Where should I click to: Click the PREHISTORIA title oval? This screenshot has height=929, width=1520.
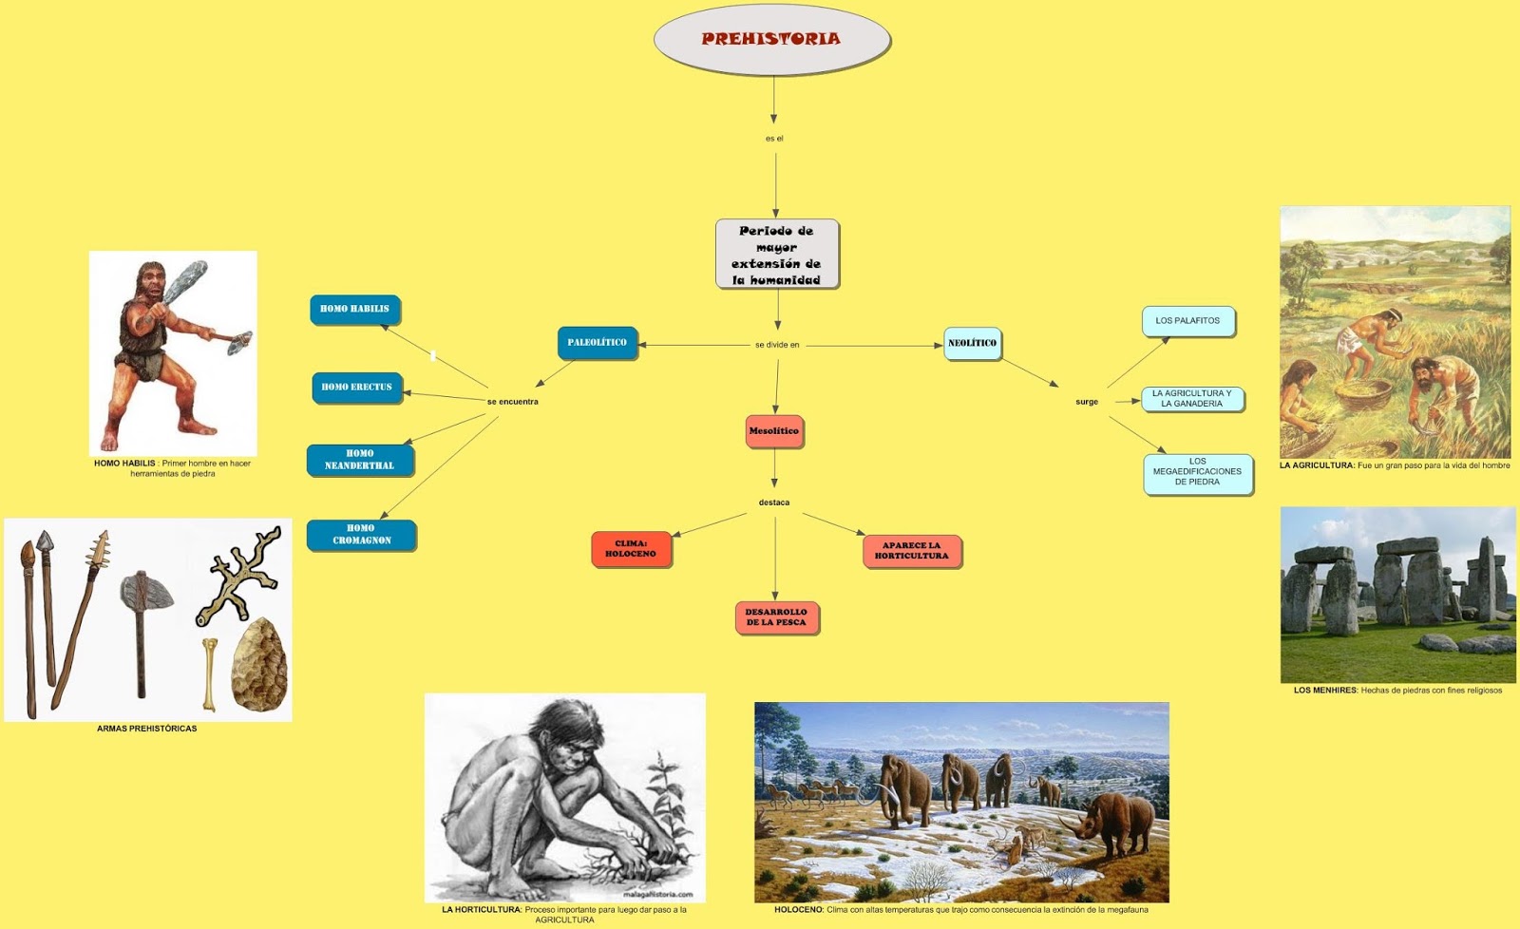pyautogui.click(x=771, y=39)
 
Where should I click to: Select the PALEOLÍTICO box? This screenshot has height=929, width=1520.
pyautogui.click(x=597, y=342)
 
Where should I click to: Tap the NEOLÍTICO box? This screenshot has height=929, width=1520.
pyautogui.click(x=972, y=343)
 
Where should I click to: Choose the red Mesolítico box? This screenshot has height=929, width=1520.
pyautogui.click(x=774, y=430)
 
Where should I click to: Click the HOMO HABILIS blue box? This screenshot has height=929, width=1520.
pyautogui.click(x=354, y=309)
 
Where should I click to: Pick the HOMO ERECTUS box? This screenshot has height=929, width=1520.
pyautogui.click(x=356, y=387)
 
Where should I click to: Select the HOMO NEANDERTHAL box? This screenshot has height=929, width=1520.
pyautogui.click(x=359, y=460)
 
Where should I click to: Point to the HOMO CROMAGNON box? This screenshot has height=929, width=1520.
pyautogui.click(x=361, y=534)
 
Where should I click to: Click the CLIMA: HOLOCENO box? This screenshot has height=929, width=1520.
pyautogui.click(x=631, y=549)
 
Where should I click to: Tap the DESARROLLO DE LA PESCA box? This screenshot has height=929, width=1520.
pyautogui.click(x=776, y=617)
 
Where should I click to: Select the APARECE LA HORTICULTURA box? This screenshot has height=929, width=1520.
pyautogui.click(x=911, y=551)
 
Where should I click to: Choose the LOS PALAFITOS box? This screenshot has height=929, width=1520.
pyautogui.click(x=1187, y=321)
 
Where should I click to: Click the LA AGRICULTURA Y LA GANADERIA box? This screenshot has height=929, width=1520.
pyautogui.click(x=1191, y=399)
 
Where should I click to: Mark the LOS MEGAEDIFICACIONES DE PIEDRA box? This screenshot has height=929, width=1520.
pyautogui.click(x=1197, y=472)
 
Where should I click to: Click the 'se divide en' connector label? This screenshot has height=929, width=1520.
pyautogui.click(x=777, y=345)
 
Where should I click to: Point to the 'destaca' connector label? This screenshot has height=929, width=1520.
pyautogui.click(x=774, y=502)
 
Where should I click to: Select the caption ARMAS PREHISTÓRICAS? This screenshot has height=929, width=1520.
pyautogui.click(x=147, y=729)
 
